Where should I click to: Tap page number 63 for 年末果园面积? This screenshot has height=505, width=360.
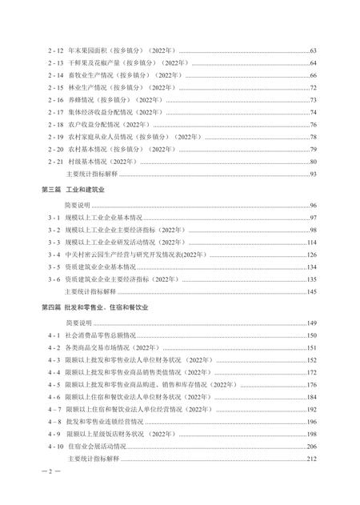click(x=314, y=51)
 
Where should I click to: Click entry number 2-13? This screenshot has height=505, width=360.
click(x=55, y=63)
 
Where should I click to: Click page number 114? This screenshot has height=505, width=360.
click(x=312, y=242)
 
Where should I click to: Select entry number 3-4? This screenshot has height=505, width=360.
click(x=54, y=255)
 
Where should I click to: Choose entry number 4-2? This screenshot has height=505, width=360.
click(x=54, y=347)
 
